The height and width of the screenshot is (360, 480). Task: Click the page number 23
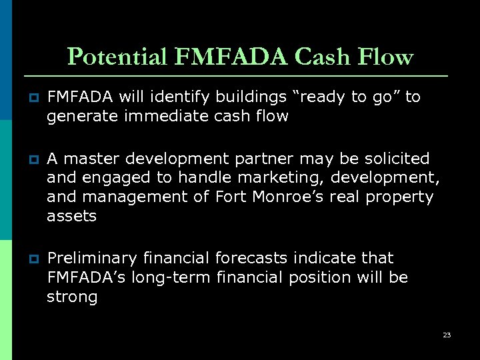click(x=447, y=335)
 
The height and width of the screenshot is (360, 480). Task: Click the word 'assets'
click(x=71, y=216)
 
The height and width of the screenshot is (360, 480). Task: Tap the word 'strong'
click(x=72, y=297)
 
